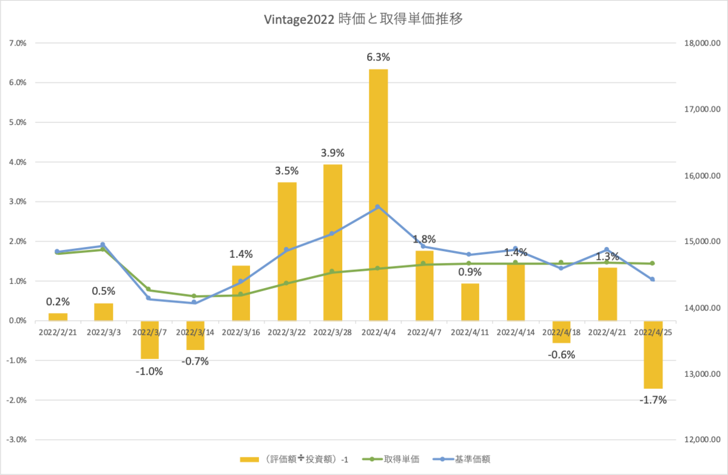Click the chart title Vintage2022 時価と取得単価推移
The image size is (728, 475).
363,19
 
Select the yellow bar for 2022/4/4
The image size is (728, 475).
379,195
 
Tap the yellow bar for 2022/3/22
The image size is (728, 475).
287,252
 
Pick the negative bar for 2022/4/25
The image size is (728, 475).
653,355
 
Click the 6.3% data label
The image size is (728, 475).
379,57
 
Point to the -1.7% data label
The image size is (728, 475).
653,400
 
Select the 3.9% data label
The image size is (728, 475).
332,153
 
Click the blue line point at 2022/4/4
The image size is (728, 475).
377,207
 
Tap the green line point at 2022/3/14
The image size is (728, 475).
194,296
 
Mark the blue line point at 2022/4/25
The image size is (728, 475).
652,279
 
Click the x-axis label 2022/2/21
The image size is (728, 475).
58,332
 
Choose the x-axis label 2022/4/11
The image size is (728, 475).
470,332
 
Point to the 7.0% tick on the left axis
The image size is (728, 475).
18,43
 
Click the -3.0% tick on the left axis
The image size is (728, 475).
16,440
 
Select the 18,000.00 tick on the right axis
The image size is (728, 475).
703,43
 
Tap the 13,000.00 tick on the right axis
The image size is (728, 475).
703,374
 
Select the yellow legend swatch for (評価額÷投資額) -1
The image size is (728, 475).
249,459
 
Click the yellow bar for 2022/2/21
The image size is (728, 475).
58,317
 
